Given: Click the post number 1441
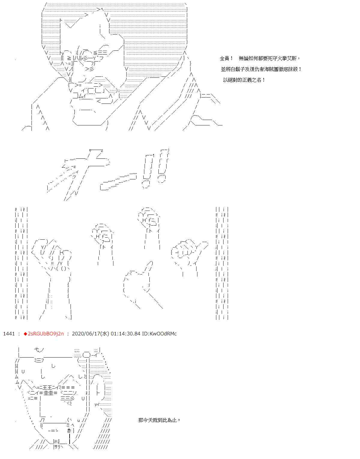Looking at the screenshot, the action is click(x=9, y=334).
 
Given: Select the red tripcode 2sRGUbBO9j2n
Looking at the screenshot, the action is click(x=46, y=334).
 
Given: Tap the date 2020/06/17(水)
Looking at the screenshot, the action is click(x=90, y=334).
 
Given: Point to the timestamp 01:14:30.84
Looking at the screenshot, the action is click(x=125, y=334).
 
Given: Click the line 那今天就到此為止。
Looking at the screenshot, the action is click(x=159, y=420).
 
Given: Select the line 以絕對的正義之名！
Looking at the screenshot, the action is click(x=244, y=80).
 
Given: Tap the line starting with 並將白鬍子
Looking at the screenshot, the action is click(x=261, y=69).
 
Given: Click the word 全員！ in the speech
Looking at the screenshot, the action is click(x=226, y=58).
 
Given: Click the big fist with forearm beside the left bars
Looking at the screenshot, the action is click(x=52, y=278).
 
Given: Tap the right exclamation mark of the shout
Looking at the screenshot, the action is click(x=163, y=166).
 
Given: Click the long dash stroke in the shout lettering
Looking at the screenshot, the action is click(x=118, y=182).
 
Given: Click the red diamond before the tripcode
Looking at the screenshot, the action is click(x=25, y=334).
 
